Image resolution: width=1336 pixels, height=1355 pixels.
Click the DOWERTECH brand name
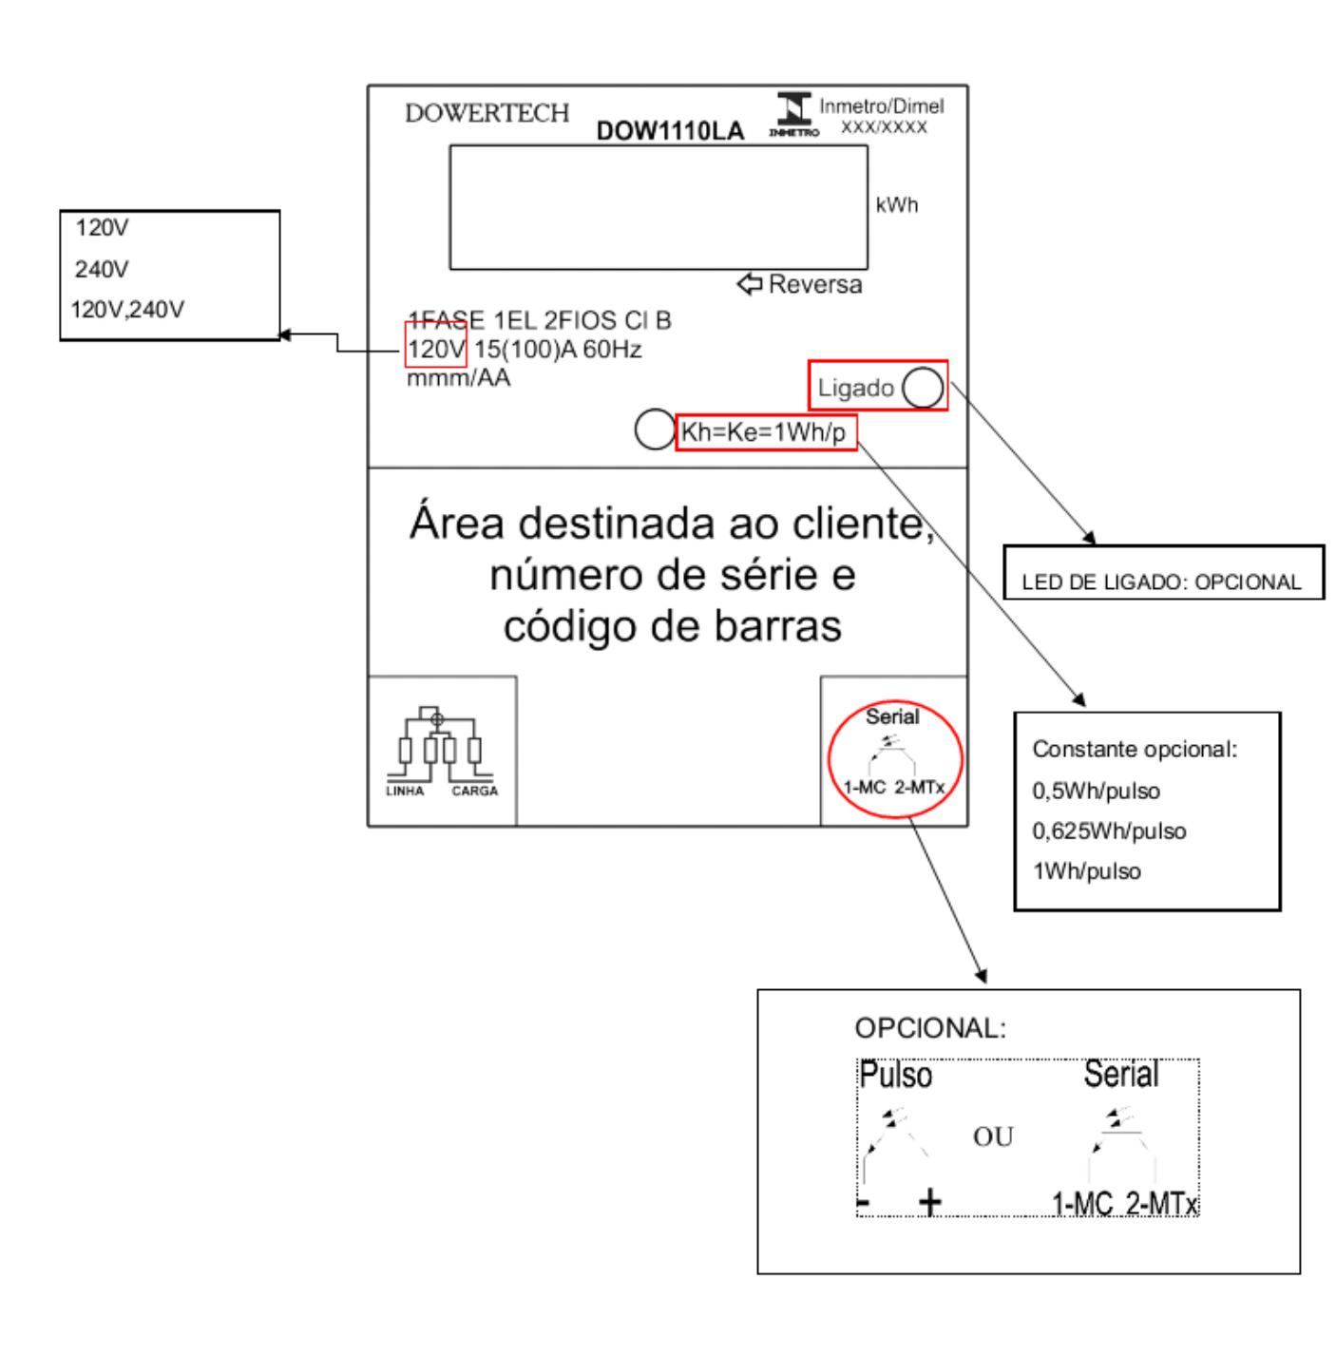tap(487, 113)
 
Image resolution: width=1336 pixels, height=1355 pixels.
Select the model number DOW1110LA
tap(669, 131)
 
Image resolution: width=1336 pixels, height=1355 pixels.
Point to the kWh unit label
tap(897, 204)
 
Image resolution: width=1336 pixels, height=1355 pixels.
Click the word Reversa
tap(815, 284)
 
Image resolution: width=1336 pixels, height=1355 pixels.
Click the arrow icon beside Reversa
tap(750, 284)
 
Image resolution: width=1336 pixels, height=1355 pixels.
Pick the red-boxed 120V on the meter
tap(436, 349)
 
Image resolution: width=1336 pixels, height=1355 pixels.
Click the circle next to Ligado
tap(923, 388)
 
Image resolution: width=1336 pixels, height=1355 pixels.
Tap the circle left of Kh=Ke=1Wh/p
tap(655, 429)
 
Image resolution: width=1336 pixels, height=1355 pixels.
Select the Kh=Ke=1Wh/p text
tap(763, 431)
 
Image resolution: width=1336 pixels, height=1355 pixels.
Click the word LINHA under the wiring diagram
tap(405, 792)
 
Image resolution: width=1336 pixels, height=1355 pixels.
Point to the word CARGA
tap(475, 792)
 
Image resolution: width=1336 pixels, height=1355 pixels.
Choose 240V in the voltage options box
tap(102, 269)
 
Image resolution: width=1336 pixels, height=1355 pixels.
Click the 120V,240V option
tap(127, 310)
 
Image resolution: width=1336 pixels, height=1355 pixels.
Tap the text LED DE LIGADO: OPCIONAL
tap(1161, 582)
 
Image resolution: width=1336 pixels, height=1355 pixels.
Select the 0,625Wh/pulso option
tap(1109, 831)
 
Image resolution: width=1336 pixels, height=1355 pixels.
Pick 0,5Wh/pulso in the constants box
tap(1096, 792)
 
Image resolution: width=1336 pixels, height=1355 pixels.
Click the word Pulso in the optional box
tap(896, 1075)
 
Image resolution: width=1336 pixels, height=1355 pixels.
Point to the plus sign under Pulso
tap(929, 1202)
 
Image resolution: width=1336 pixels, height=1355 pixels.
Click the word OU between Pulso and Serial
tap(993, 1137)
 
